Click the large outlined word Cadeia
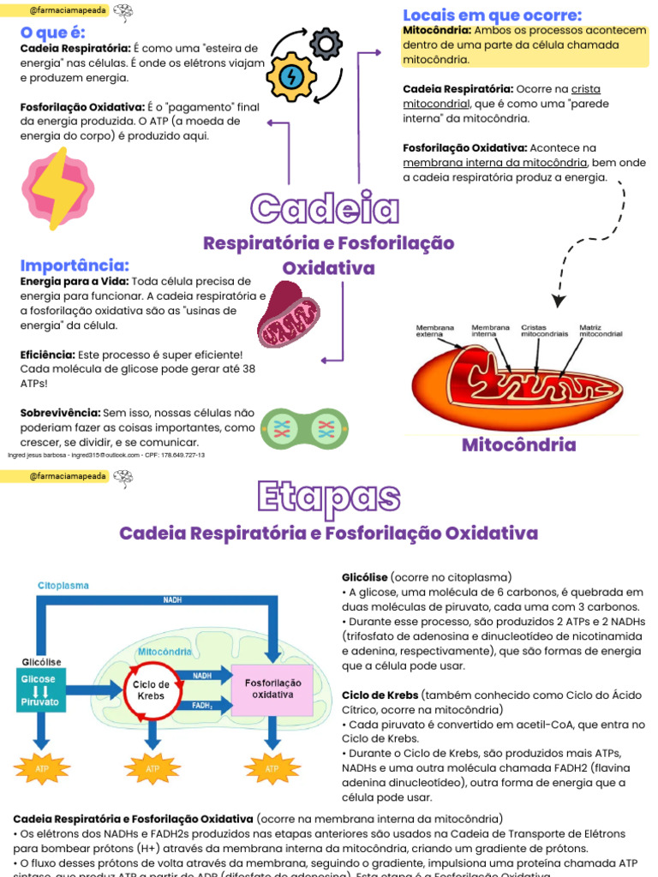(326, 209)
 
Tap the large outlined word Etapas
(329, 497)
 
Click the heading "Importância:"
(75, 265)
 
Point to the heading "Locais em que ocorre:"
(492, 15)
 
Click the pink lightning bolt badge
(58, 188)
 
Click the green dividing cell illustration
(304, 427)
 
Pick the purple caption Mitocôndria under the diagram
(518, 445)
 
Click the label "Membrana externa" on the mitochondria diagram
(435, 331)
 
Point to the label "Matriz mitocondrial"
(601, 331)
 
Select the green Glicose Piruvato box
(39, 690)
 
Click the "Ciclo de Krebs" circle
(151, 690)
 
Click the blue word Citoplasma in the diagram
(63, 586)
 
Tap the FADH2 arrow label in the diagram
(202, 706)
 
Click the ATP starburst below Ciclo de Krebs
(153, 768)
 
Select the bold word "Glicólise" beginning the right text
(365, 577)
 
